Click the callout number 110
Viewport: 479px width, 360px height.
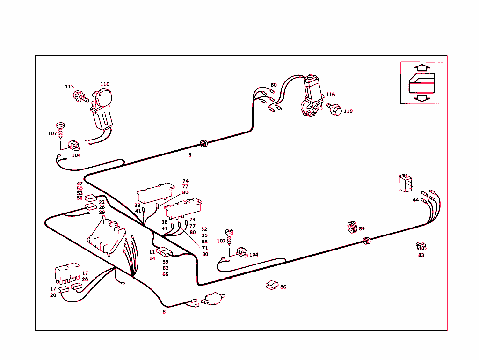[105, 84]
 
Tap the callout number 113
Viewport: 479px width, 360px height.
[69, 87]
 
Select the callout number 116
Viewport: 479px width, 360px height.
[330, 94]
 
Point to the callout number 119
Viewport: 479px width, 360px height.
[348, 111]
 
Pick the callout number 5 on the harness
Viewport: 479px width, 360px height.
[190, 155]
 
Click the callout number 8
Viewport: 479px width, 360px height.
[164, 312]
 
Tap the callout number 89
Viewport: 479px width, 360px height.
[362, 228]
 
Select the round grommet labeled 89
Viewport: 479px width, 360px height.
[352, 227]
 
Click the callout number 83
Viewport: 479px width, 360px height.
[421, 255]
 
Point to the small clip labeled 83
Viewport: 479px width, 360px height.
[421, 246]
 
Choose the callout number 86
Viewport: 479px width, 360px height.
[283, 287]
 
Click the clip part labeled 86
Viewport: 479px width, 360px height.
[272, 285]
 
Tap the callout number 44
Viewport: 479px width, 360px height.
[415, 200]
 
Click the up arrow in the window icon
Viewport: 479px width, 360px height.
[421, 68]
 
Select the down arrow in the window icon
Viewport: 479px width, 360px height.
[421, 98]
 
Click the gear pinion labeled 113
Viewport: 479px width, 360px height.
[80, 97]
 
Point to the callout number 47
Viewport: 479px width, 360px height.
[80, 184]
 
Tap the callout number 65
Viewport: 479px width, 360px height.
[165, 274]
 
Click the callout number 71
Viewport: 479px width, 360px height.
[205, 248]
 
